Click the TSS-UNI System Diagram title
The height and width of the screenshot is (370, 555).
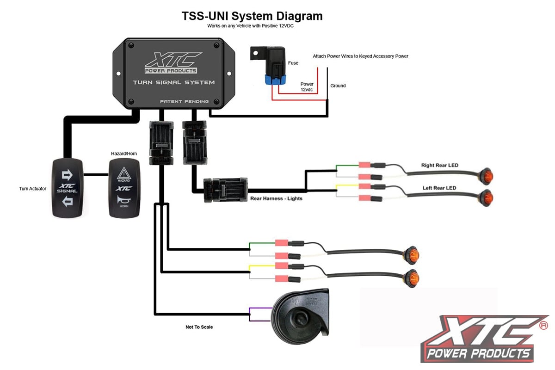click(252, 16)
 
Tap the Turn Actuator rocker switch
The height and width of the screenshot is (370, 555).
click(68, 188)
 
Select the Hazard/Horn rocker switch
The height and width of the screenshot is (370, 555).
click(124, 188)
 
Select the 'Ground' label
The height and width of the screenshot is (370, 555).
click(338, 86)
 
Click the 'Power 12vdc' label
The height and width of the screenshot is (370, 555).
click(307, 87)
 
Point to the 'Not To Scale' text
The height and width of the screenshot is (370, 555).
click(199, 327)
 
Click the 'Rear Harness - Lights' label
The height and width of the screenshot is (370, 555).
click(277, 198)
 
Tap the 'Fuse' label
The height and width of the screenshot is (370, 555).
click(293, 63)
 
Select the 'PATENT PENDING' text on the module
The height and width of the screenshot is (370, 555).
click(184, 101)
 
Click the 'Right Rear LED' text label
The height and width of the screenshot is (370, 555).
click(439, 165)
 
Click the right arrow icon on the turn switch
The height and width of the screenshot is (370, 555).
click(68, 174)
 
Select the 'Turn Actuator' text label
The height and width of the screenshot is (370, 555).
click(33, 189)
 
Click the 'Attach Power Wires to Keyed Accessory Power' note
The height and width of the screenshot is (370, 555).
click(360, 56)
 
